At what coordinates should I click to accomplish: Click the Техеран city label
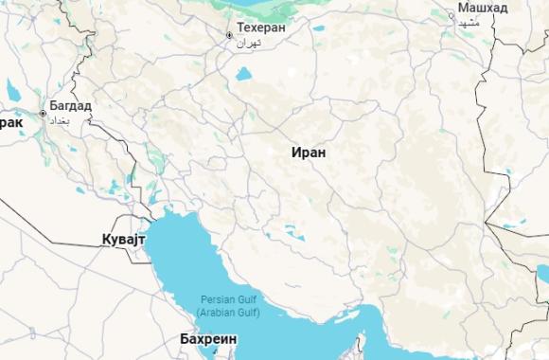[261, 28]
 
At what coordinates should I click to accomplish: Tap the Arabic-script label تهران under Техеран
[248, 44]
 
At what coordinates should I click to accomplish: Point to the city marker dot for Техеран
[229, 35]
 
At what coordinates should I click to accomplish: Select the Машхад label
[483, 9]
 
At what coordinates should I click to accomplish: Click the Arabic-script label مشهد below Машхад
[469, 22]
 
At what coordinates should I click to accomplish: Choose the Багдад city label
[71, 105]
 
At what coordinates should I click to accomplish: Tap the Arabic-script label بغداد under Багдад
[60, 120]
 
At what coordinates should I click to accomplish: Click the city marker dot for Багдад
[43, 114]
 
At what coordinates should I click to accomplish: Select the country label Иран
[309, 152]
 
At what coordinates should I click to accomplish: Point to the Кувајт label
[123, 240]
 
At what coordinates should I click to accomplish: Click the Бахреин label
[208, 338]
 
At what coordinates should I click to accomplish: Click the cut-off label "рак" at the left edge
[10, 122]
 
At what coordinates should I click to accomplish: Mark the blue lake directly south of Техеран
[244, 73]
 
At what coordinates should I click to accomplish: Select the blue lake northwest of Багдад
[12, 91]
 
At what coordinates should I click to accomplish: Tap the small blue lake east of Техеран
[318, 27]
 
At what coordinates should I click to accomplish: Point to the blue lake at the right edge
[542, 275]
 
